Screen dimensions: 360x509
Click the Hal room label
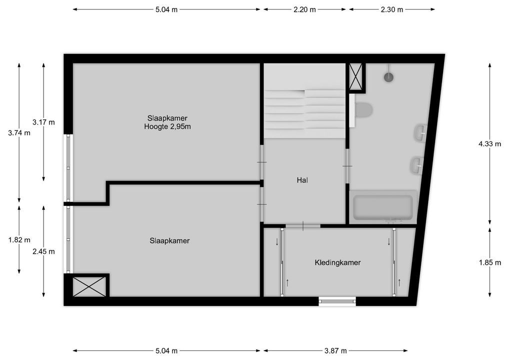pos(302,180)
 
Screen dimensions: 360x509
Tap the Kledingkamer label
pos(337,262)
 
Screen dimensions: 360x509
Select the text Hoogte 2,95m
pos(167,127)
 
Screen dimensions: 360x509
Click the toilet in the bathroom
pos(363,109)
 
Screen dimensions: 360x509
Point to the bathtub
pos(383,207)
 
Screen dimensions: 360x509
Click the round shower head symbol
pos(389,76)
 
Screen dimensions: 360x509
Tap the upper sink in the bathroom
pos(419,132)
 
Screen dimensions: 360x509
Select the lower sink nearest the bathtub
pos(416,164)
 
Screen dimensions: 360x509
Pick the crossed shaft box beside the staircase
pos(357,76)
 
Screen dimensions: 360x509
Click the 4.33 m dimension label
pos(489,144)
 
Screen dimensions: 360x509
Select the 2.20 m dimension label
pos(304,9)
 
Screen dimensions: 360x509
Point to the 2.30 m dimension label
pos(391,9)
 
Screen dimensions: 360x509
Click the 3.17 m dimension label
pos(43,122)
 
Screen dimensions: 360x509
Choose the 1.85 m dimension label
pos(489,262)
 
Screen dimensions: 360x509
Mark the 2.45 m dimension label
pos(43,251)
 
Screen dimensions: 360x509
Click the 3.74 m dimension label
pos(19,133)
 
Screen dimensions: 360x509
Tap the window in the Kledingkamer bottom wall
pos(337,301)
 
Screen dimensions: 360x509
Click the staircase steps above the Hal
pos(304,112)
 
